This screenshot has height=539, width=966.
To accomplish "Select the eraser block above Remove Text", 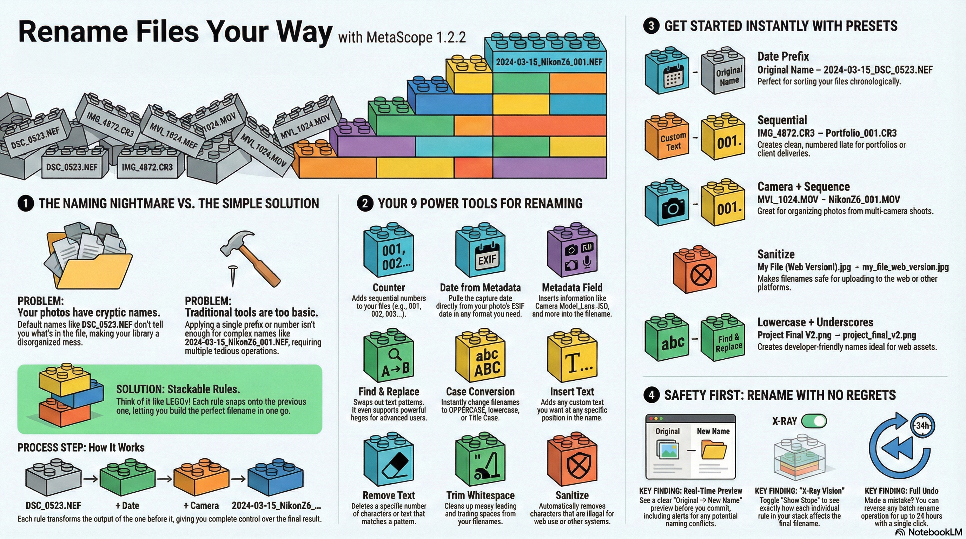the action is point(389,459).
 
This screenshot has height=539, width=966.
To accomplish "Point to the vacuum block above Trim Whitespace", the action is point(481,459).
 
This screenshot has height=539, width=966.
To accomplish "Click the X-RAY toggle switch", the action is point(814,421).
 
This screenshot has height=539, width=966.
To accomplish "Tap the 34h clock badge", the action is point(922,425).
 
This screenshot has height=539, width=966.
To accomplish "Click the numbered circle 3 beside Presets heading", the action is point(651,26).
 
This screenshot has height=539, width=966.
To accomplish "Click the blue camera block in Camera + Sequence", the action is point(667,202).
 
